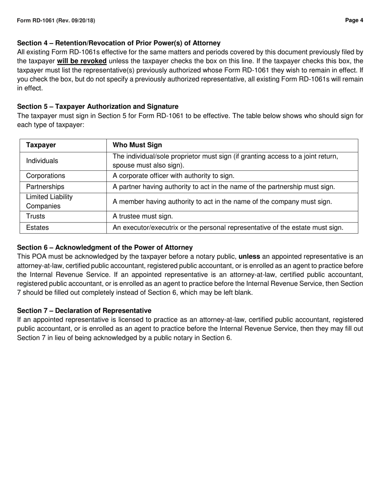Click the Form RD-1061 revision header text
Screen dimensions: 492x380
[x=56, y=20]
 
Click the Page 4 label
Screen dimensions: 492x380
[x=354, y=20]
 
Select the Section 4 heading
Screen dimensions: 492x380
[x=119, y=43]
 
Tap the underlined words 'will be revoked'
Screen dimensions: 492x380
[x=82, y=61]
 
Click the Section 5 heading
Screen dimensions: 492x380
[x=98, y=106]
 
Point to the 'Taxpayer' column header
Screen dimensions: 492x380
[x=41, y=145]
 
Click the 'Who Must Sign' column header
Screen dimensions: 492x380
[x=137, y=145]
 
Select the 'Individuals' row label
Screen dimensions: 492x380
[x=42, y=161]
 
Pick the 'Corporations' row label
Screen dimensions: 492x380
[x=45, y=176]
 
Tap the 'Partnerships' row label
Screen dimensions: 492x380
[x=45, y=187]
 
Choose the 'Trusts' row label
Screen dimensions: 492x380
[x=36, y=216]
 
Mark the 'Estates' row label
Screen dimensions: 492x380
[x=37, y=228]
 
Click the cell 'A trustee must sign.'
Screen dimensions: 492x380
[x=143, y=216]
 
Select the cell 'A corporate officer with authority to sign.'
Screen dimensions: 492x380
[x=174, y=176]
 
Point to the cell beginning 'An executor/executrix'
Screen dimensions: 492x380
[x=228, y=228]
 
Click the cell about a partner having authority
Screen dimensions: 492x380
[x=224, y=187]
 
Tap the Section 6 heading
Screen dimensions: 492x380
[x=105, y=248]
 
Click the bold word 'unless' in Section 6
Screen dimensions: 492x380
[x=249, y=256]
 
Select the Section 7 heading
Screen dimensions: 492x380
[x=84, y=311]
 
